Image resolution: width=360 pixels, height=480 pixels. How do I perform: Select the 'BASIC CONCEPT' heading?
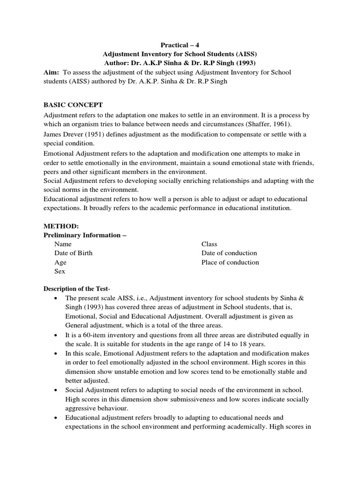point(73,105)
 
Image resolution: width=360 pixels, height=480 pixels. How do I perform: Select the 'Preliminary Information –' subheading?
point(85,235)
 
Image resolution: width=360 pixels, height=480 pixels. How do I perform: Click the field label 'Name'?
point(63,244)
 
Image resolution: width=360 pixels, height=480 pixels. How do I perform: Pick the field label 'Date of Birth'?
point(73,253)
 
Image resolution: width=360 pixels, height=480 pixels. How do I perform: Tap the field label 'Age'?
point(60,262)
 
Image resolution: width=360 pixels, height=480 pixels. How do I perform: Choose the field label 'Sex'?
point(60,271)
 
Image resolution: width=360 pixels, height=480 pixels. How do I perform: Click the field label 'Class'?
point(209,244)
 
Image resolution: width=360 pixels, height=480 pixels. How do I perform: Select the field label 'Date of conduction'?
point(229,253)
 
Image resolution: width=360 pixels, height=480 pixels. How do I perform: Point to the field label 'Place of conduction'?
point(230,262)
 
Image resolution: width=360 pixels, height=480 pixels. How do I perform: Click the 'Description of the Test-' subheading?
point(76,288)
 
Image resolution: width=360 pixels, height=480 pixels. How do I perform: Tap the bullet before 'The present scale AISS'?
point(56,299)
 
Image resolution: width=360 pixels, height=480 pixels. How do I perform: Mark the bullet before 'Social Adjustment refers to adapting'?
point(56,390)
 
